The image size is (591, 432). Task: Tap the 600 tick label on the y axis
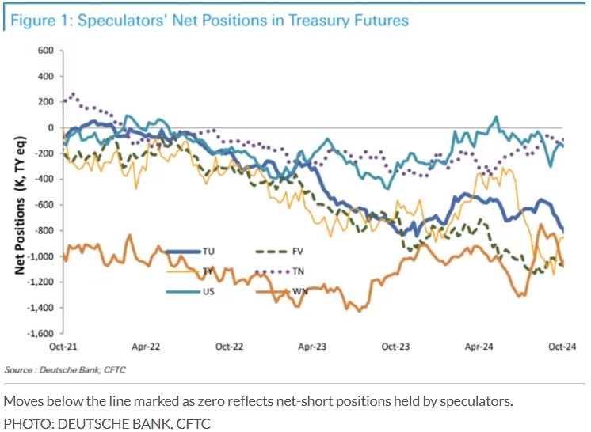(44, 51)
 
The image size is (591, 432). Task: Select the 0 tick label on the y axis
(50, 127)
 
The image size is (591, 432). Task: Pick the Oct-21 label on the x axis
(62, 347)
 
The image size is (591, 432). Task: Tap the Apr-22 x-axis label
(145, 347)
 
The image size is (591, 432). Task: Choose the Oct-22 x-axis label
(229, 347)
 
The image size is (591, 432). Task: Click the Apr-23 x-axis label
(312, 347)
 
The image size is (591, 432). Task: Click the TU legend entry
(208, 252)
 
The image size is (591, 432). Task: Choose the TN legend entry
(298, 271)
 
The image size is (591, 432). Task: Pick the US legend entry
(208, 291)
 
